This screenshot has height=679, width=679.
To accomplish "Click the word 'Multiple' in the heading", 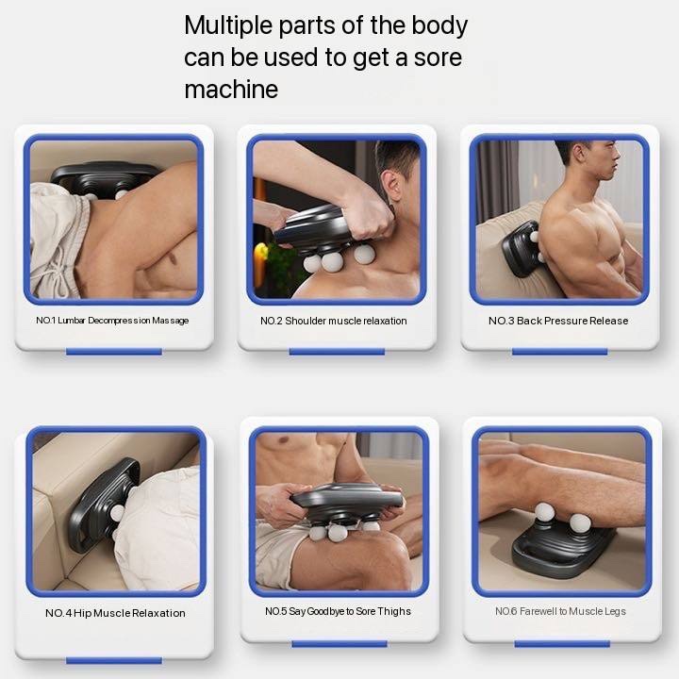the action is tap(227, 26).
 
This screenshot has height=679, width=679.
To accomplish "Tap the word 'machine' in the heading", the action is tap(231, 90).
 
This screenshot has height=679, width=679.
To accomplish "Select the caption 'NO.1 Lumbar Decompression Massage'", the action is tap(112, 321).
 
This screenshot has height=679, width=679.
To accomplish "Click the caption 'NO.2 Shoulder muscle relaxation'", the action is tap(334, 321).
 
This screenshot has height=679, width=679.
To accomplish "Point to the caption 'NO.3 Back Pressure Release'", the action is tap(558, 321).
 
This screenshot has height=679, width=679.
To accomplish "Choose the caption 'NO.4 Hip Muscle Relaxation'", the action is tap(115, 613).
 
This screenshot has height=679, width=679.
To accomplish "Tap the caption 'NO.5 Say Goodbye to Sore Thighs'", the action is tap(338, 611).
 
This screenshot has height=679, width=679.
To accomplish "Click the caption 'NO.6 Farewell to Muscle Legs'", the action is tap(560, 611).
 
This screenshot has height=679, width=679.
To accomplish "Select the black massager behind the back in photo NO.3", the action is tap(521, 248).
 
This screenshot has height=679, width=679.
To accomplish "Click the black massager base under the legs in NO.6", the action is tap(563, 549).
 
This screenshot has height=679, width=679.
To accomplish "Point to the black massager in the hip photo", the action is tap(104, 505).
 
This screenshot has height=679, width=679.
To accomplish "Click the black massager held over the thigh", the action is tap(346, 503).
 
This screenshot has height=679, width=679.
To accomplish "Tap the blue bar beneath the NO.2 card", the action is tap(337, 352).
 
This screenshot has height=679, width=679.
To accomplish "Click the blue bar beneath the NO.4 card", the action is tap(114, 660).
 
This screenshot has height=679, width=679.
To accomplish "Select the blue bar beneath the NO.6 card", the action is tap(562, 644).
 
